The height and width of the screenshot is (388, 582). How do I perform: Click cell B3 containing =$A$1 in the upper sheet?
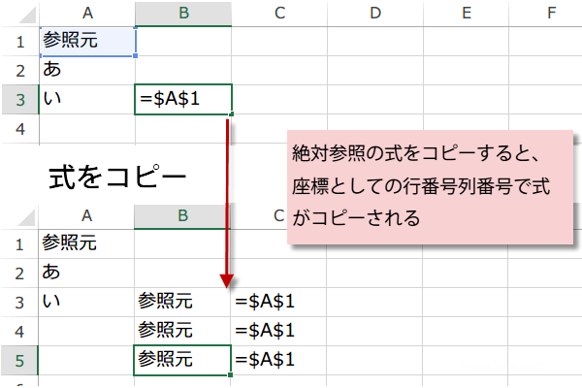(183, 100)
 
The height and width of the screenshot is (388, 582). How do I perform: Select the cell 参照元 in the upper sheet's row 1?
(88, 41)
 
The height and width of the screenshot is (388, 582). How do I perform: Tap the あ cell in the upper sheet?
(87, 70)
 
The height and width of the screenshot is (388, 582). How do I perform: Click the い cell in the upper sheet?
(87, 100)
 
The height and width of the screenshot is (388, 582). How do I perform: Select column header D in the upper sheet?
(375, 13)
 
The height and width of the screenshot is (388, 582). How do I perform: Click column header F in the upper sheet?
(551, 13)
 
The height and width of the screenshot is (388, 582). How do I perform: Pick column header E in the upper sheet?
(467, 13)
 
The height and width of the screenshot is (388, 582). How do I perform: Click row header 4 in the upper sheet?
(20, 129)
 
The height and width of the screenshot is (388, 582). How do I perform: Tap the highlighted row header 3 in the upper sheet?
(20, 100)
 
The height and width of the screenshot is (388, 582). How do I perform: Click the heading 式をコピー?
(117, 177)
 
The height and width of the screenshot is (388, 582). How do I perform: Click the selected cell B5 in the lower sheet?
(182, 360)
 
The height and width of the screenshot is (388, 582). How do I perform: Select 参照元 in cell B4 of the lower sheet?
(166, 330)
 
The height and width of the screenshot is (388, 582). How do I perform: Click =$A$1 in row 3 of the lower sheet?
(265, 301)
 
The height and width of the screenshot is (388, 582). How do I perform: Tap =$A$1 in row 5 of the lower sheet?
(265, 360)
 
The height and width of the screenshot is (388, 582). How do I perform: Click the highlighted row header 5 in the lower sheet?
(19, 361)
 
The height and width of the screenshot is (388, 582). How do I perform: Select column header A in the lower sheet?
(86, 215)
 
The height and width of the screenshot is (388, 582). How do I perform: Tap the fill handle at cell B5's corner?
(231, 375)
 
